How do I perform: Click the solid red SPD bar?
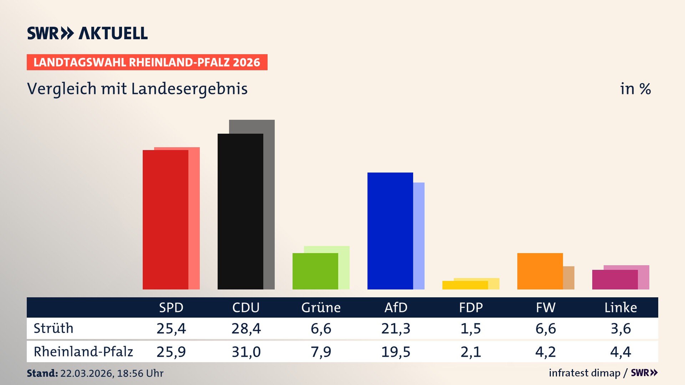click(x=165, y=220)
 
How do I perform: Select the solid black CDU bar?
click(x=240, y=211)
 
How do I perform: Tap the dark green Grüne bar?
click(x=315, y=271)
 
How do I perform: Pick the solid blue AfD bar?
click(x=390, y=231)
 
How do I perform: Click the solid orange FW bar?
click(x=540, y=271)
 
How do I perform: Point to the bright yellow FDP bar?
click(x=465, y=285)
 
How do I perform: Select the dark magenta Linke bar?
click(x=615, y=280)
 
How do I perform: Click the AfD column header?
click(x=396, y=308)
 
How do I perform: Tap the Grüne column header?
click(x=321, y=308)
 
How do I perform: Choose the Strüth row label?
click(x=54, y=328)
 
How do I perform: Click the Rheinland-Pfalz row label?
click(x=83, y=352)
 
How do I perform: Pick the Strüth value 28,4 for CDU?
click(x=246, y=328)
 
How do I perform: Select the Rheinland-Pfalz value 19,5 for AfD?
click(x=396, y=352)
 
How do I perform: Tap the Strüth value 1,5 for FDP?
click(x=471, y=328)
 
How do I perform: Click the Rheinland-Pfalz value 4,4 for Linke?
click(x=620, y=352)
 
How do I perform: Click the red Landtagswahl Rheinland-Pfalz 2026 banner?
click(x=147, y=62)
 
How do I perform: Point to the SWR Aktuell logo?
click(x=87, y=33)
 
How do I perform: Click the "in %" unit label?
click(x=635, y=89)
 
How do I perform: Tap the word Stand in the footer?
click(x=42, y=373)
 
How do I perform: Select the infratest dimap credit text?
click(x=584, y=373)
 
